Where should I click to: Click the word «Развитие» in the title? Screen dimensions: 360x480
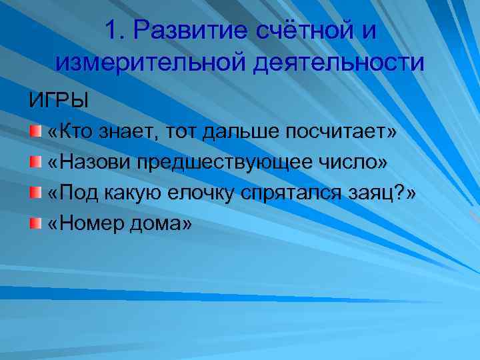(x=187, y=31)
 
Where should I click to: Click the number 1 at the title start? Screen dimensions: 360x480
(x=113, y=31)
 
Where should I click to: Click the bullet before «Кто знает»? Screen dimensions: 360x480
(x=35, y=131)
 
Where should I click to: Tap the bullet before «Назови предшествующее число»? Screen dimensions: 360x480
(x=35, y=162)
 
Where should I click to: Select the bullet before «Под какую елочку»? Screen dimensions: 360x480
(x=35, y=193)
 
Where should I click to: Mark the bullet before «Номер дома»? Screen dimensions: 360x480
(x=35, y=223)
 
